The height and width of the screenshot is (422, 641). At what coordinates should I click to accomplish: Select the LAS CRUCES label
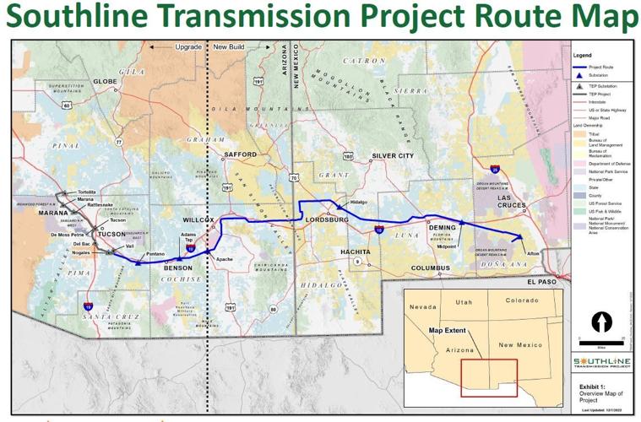[514, 202]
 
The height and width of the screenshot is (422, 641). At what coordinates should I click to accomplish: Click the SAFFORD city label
[240, 154]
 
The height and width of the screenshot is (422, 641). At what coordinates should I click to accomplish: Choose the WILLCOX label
[201, 219]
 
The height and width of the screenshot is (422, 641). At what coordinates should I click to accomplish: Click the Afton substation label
[533, 252]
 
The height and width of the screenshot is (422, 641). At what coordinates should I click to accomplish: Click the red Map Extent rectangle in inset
[489, 376]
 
